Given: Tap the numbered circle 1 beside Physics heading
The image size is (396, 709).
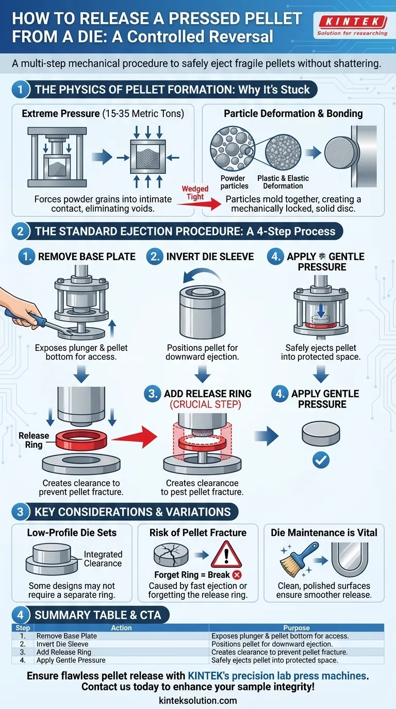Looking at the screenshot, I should (x=20, y=89).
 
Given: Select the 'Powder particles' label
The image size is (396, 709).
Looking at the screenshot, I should (x=234, y=182).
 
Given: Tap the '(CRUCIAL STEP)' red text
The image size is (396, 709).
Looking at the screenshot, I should (x=206, y=404).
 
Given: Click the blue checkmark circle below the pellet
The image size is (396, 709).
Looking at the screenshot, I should (x=321, y=460).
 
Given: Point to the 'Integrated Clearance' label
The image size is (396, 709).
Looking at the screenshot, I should (x=103, y=559).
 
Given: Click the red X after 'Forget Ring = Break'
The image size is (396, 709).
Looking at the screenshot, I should (x=238, y=575).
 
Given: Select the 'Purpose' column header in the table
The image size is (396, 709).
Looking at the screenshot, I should (x=296, y=628).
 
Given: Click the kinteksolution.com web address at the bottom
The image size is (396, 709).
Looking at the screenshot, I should (x=198, y=700).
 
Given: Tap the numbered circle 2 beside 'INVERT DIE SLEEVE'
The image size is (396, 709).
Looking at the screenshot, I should (x=154, y=257).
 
